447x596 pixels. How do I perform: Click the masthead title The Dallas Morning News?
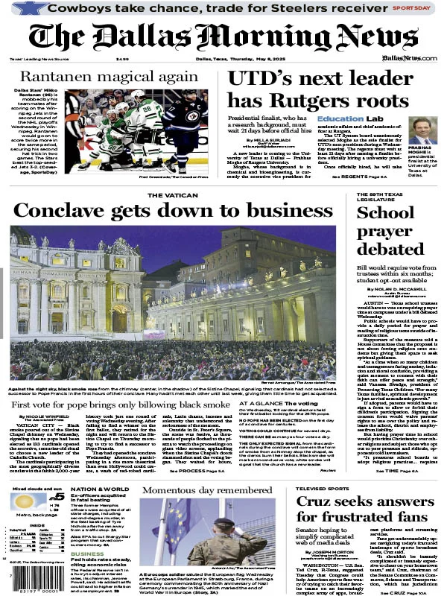click(x=223, y=36)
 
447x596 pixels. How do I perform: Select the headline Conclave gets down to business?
click(x=162, y=212)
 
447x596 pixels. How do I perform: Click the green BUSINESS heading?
click(x=87, y=554)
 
